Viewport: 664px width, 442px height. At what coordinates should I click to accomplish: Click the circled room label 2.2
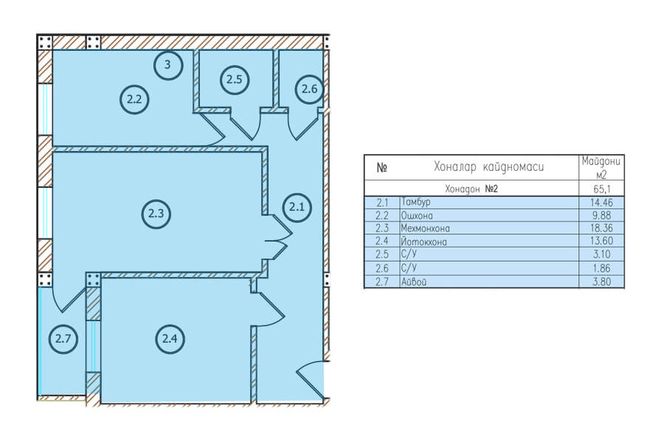134,99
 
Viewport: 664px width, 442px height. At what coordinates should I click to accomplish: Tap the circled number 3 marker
167,64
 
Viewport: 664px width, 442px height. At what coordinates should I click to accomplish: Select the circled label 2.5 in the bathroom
234,79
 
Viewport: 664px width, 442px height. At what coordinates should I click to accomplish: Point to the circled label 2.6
309,89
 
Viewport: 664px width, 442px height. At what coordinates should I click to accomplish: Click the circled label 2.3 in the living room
156,214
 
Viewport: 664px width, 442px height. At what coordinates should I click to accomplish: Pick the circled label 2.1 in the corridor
297,207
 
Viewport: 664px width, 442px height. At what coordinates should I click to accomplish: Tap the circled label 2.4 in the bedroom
170,338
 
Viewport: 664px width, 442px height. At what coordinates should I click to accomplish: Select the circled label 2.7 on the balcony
63,338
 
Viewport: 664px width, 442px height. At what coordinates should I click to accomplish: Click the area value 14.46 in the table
601,203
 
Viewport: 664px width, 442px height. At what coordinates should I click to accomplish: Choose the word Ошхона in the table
417,216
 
